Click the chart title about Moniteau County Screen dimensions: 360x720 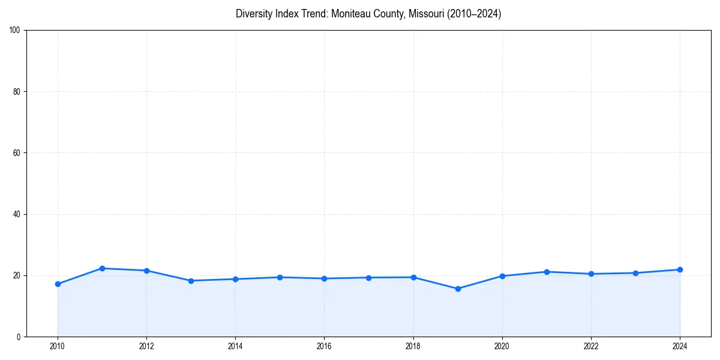368,14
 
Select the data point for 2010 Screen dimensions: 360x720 58,284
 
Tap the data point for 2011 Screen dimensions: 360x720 102,268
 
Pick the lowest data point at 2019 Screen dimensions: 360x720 458,289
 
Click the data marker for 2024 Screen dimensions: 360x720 680,269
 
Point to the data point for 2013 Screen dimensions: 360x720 191,281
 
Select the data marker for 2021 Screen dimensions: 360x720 547,272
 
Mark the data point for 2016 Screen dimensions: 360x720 324,278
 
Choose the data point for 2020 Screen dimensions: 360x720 502,276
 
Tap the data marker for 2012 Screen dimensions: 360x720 146,271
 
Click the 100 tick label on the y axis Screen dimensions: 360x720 16,30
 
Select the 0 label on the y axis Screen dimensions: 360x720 19,337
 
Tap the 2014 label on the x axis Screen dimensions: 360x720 235,346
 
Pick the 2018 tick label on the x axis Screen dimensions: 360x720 413,346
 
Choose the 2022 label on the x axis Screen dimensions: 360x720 591,346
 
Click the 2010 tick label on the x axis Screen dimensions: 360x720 58,346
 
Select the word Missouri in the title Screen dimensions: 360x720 427,14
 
